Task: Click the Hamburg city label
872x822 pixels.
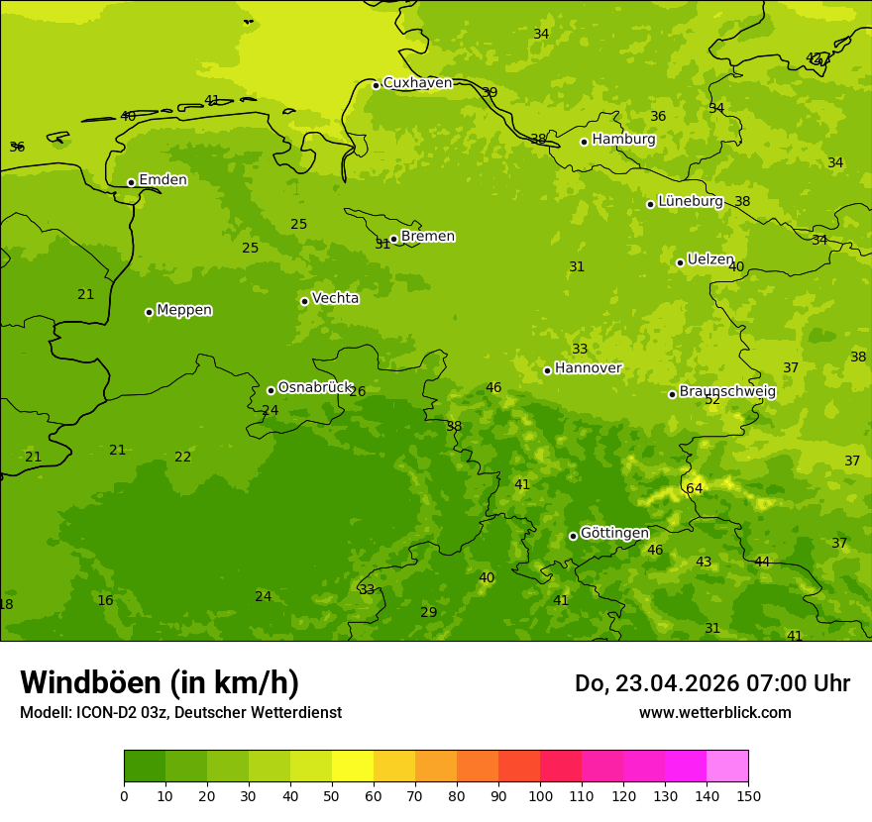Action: tap(623, 140)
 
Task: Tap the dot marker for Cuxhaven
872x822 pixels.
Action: tap(376, 85)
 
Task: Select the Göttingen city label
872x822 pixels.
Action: tap(614, 533)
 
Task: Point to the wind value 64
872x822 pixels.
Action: tap(694, 488)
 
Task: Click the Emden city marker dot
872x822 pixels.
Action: tap(131, 182)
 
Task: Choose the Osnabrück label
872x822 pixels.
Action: tap(315, 387)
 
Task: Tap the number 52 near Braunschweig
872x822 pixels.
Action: tap(712, 400)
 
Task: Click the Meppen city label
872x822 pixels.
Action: tap(184, 310)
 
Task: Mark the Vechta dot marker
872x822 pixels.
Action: tap(304, 301)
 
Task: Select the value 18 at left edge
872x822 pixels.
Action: tap(6, 604)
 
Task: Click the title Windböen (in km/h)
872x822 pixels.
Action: tap(160, 682)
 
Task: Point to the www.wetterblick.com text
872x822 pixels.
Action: tap(714, 712)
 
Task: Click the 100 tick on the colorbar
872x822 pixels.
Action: tap(540, 795)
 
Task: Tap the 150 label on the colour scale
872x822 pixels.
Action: tap(748, 795)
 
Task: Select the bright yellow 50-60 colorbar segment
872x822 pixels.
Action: tap(353, 767)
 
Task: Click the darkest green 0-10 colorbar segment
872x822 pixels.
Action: tap(145, 767)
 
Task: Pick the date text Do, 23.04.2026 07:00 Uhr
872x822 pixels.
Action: tap(711, 683)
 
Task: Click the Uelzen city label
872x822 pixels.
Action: tap(710, 259)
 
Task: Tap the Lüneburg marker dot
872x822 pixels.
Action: tap(650, 204)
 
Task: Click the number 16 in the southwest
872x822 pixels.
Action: tap(105, 600)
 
